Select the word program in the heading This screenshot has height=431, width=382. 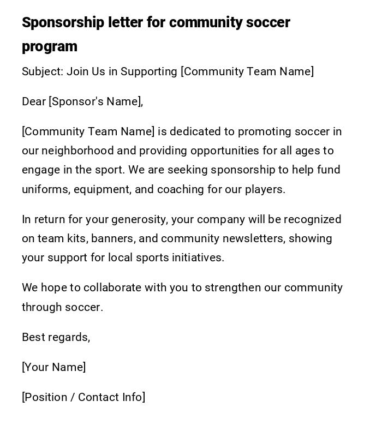50,47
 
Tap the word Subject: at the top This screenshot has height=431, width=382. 42,71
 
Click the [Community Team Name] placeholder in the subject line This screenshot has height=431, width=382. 247,71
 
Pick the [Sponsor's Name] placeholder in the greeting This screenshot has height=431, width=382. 95,101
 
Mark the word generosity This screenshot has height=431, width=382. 139,219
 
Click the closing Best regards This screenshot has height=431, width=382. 56,337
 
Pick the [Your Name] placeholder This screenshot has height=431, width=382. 53,367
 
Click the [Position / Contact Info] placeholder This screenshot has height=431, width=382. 83,397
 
